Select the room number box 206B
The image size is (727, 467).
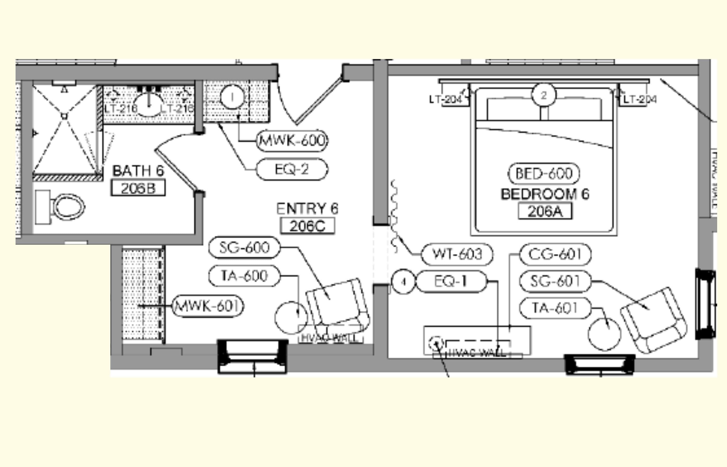[x=138, y=188]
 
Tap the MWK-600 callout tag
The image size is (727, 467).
[x=292, y=140]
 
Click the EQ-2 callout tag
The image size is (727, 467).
[x=292, y=169]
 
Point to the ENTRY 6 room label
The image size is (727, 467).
[x=307, y=209]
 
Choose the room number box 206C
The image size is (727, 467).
[x=307, y=226]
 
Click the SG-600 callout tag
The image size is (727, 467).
[x=244, y=248]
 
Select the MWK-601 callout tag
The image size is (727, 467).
[x=208, y=306]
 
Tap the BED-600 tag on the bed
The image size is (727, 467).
[x=544, y=174]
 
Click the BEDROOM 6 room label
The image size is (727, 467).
[x=545, y=194]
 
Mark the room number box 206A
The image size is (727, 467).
[x=545, y=211]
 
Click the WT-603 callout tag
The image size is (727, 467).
[x=457, y=254]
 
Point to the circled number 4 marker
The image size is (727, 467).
[x=403, y=282]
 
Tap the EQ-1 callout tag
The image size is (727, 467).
[x=451, y=281]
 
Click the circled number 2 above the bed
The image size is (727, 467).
[x=544, y=95]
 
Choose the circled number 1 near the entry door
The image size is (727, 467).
[x=232, y=97]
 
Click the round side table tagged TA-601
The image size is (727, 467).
[x=604, y=334]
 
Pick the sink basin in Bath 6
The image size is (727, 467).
[x=149, y=105]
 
